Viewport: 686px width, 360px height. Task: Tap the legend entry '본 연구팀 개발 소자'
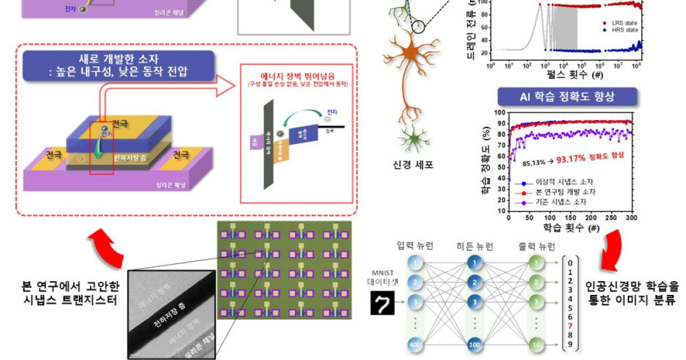click(564, 193)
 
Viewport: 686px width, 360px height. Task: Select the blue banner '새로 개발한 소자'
click(117, 65)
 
